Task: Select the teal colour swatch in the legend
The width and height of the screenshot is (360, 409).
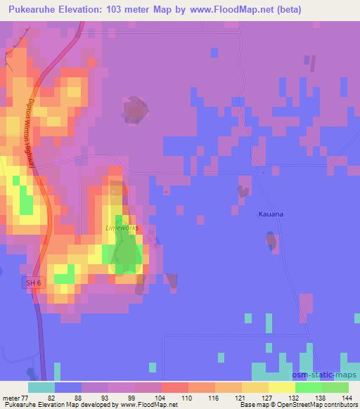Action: coord(41,387)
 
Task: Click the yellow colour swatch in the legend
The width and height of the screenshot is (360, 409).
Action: coord(282,387)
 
